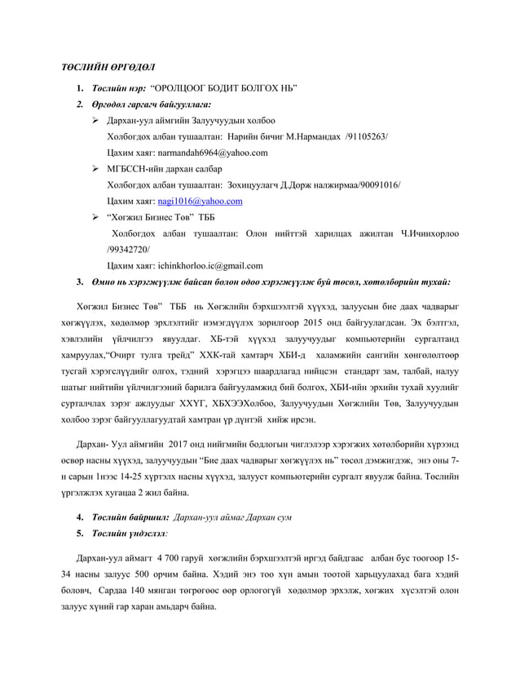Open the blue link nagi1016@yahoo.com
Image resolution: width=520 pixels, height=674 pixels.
click(200, 200)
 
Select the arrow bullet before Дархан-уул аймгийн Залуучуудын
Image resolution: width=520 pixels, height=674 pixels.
click(96, 120)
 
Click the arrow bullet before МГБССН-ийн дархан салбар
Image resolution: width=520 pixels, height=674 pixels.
click(96, 168)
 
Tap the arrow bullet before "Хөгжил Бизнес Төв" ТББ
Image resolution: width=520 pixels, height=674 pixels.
click(96, 216)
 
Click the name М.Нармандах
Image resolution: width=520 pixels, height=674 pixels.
click(312, 136)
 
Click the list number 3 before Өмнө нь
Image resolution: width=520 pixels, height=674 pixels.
click(79, 282)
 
